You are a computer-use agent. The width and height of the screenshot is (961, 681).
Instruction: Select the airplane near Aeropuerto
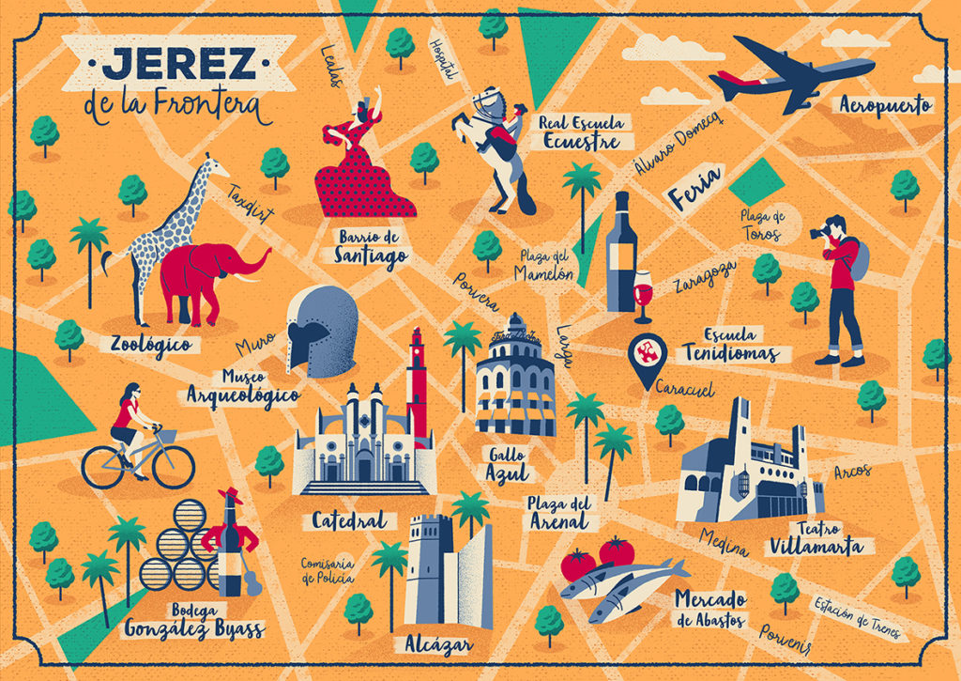788,72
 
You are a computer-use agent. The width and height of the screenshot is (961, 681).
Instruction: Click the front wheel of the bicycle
173,466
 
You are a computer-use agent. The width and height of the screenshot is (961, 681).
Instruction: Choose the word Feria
694,188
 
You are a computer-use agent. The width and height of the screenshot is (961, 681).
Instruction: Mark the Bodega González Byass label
193,621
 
